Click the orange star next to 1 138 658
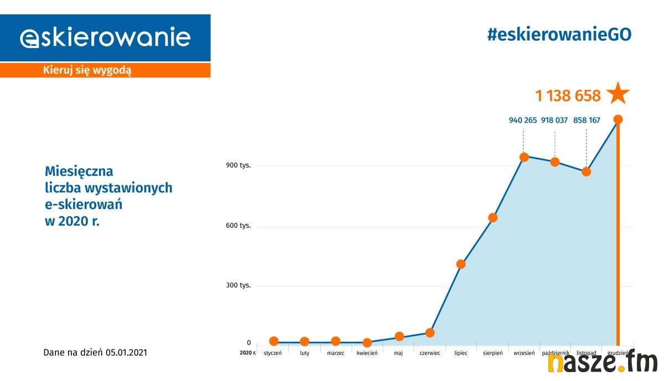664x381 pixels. [618, 94]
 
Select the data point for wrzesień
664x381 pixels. [523, 157]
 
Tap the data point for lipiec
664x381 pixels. [461, 264]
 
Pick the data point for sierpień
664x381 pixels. [492, 217]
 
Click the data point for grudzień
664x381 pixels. [618, 119]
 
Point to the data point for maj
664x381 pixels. [399, 337]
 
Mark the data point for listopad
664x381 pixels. [587, 171]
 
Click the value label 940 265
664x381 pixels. [523, 120]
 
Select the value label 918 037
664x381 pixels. [554, 120]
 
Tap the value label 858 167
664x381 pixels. [587, 120]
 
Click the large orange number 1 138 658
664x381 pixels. [568, 96]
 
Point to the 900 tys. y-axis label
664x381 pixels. [238, 166]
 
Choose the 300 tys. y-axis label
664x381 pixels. [238, 285]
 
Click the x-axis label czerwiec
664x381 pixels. [430, 353]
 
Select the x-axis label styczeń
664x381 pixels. [273, 353]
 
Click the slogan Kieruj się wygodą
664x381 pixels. [87, 70]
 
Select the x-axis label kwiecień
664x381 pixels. [367, 353]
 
